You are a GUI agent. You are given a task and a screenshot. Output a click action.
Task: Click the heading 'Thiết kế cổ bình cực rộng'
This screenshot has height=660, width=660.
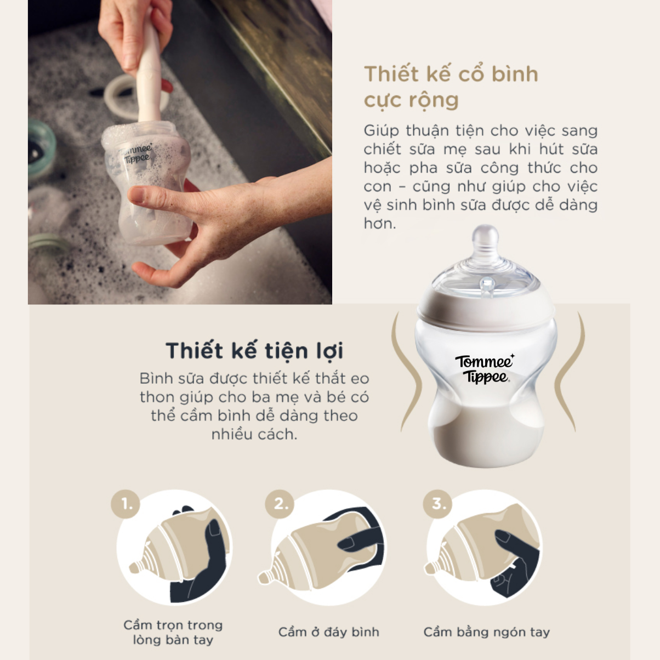coord(451,87)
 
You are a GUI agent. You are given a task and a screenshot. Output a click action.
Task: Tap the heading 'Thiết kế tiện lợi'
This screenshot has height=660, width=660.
coord(254,351)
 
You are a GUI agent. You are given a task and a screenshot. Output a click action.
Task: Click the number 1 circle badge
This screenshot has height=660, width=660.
coord(126,504)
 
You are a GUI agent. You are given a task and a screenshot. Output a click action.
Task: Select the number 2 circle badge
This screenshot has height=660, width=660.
coord(280,504)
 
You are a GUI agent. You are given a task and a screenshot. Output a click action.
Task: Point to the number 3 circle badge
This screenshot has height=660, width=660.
coord(437,504)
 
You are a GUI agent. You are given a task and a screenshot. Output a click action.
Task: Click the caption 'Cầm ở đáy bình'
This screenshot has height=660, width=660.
coord(328,632)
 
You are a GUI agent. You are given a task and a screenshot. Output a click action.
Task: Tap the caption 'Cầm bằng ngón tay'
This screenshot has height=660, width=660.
coord(486,633)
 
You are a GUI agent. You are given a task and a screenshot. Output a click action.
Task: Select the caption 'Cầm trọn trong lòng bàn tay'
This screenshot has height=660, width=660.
coord(173,632)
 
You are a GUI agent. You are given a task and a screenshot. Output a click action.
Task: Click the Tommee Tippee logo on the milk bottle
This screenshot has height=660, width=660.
coord(485,368)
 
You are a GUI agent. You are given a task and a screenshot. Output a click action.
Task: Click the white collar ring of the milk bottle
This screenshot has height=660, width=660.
coord(486,311)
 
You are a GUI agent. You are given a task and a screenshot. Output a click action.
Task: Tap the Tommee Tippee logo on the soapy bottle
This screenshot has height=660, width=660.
coord(136,153)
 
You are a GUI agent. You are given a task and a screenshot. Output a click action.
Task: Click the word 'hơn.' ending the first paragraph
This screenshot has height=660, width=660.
coord(379,223)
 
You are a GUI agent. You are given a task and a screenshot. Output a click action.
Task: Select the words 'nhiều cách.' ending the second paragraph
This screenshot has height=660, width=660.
coord(254,434)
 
